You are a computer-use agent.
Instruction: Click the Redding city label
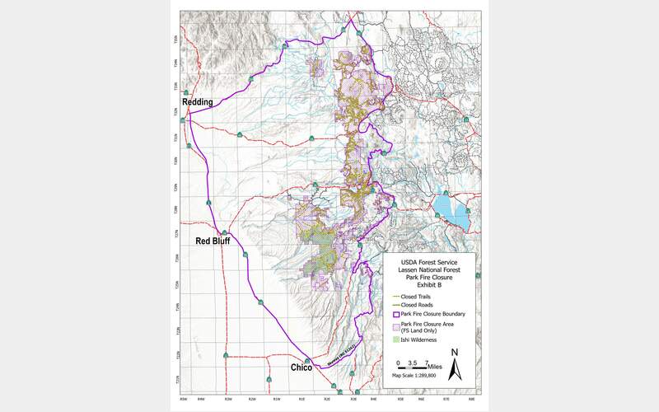click(197, 102)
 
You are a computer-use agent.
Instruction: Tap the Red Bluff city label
click(212, 241)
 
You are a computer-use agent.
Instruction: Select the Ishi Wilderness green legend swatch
click(395, 339)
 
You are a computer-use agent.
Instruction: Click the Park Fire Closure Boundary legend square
click(395, 314)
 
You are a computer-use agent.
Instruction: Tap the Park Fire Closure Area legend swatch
click(395, 326)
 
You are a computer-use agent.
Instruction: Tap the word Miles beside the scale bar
click(434, 363)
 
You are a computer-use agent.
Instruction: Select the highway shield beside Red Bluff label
click(223, 232)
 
